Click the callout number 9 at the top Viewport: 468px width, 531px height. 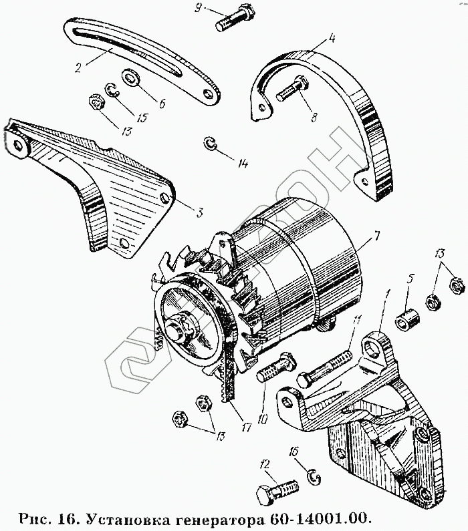[x=197, y=8]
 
